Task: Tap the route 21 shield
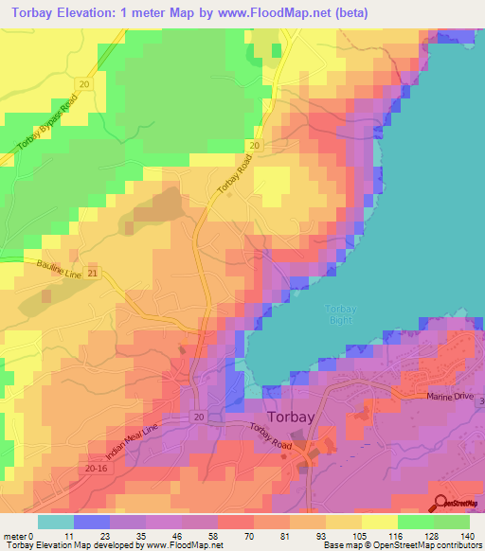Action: click(x=93, y=273)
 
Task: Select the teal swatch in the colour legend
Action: click(x=56, y=522)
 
